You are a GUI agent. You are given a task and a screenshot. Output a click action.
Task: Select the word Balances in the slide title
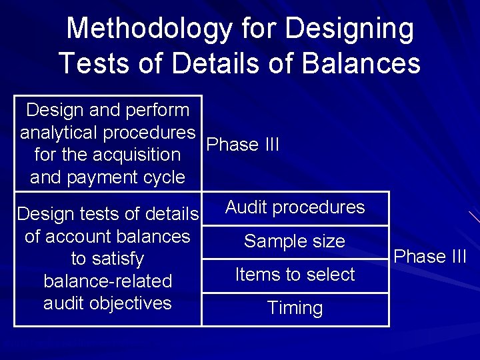tap(361, 63)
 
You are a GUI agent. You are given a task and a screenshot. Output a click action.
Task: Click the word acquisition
tap(137, 155)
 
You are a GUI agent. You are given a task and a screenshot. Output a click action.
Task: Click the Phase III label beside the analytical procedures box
tap(243, 145)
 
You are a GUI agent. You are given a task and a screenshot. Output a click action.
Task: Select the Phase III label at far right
tap(430, 257)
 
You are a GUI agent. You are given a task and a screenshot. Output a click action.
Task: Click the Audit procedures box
tap(295, 208)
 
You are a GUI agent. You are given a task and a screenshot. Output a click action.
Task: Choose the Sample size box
tap(295, 241)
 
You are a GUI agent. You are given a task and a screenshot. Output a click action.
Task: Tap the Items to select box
tap(295, 275)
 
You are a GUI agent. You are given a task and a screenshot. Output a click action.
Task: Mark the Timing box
tap(295, 309)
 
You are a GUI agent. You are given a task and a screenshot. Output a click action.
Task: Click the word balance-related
tap(107, 281)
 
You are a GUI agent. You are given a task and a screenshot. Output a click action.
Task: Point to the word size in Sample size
tap(328, 241)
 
